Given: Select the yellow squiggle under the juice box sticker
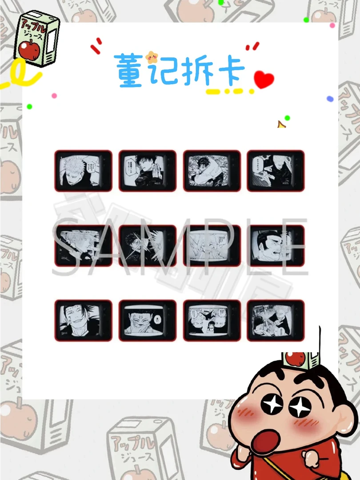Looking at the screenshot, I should click(x=20, y=75).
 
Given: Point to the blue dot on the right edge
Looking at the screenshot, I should click(x=330, y=99).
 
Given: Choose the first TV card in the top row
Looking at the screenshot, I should click(x=83, y=171).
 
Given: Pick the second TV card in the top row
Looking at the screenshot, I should click(x=148, y=171).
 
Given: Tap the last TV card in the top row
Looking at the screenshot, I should click(x=276, y=171).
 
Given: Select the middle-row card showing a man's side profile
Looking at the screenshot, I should click(x=276, y=246).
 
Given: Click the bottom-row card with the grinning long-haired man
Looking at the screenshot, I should click(x=83, y=320).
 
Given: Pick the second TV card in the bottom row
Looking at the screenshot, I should click(x=148, y=320).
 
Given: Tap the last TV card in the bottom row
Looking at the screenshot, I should click(x=276, y=320).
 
